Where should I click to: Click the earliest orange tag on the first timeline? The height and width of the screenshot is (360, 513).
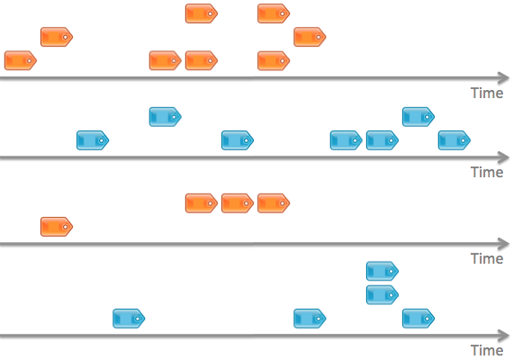point(21,60)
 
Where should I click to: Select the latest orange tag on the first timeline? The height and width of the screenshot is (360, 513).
point(310,37)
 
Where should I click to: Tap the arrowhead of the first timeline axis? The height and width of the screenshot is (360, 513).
point(504,78)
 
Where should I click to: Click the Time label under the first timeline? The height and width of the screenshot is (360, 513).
point(487,94)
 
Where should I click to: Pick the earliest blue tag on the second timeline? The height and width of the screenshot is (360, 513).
point(93,140)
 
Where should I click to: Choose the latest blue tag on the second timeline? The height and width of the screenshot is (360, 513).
point(454,140)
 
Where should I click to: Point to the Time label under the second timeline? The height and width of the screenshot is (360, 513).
point(487,173)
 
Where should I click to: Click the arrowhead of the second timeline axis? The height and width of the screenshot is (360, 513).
point(504,157)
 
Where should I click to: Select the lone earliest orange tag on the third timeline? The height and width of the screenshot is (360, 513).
point(57,227)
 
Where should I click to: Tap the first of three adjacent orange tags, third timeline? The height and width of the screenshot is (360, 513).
point(202,203)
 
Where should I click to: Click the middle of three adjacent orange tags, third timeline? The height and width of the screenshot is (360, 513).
point(238,203)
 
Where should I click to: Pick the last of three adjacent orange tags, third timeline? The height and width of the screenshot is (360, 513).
point(274,203)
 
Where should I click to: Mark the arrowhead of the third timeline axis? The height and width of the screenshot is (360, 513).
point(504,244)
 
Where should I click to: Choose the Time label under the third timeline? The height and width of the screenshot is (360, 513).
point(487,259)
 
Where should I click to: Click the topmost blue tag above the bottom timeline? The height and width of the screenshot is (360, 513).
point(382,271)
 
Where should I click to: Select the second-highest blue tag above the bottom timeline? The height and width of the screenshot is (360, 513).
point(382,295)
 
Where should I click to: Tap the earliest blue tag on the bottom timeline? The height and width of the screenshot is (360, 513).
point(129,319)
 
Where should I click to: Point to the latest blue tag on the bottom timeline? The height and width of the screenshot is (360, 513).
point(418,319)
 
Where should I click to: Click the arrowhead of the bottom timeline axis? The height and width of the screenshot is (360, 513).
point(504,336)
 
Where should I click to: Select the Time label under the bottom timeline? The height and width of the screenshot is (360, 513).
point(487,350)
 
